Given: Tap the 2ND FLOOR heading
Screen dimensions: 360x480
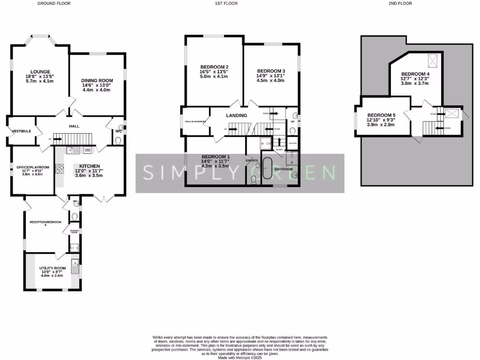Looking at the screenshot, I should [400, 3].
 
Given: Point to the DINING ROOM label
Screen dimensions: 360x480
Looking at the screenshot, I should [98, 81].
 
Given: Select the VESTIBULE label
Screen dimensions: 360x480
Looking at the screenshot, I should [22, 131].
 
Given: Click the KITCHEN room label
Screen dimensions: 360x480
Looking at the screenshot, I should [89, 166].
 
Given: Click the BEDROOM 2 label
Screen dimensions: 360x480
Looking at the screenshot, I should [214, 67].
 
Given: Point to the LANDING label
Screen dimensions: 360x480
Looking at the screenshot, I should [237, 115].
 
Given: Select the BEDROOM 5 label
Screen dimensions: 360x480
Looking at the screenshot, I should [381, 115].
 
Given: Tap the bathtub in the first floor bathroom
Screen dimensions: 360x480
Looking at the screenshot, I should [267, 168].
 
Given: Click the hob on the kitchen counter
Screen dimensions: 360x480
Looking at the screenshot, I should [60, 169].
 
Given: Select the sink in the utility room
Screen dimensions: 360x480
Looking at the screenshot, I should [75, 266].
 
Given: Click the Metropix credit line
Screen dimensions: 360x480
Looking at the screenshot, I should [240, 358].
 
